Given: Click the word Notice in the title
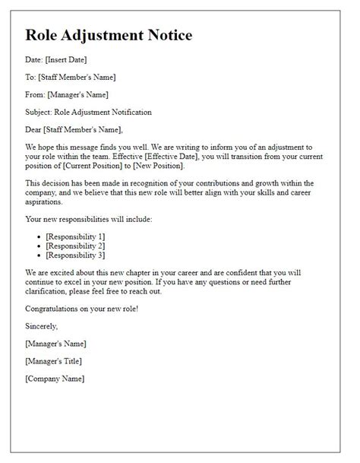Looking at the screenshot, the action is point(166,35).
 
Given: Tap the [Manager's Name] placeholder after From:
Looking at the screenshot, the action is point(78,95).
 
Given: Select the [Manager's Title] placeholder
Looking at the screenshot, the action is point(53,360).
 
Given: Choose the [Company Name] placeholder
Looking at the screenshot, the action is point(55,378).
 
